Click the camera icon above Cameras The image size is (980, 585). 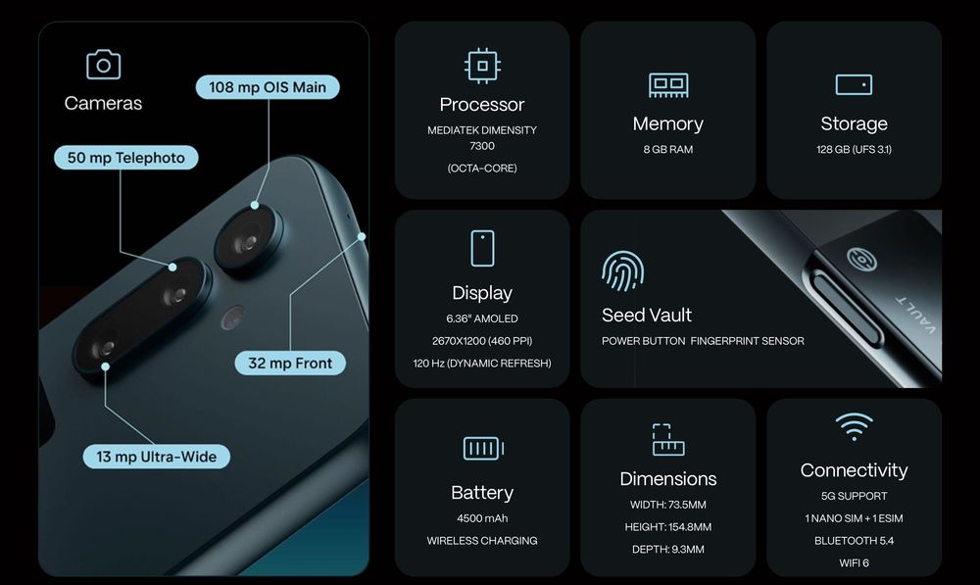tap(103, 65)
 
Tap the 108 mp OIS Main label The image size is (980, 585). tap(268, 87)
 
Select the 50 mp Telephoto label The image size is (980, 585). tap(125, 158)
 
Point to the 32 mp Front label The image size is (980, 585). tap(290, 364)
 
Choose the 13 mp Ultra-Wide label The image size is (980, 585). tap(157, 457)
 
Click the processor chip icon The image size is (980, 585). tap(481, 66)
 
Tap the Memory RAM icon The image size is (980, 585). tap(667, 84)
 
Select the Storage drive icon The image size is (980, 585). tap(854, 84)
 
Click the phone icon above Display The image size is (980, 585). tap(481, 248)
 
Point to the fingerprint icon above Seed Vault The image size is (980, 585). tap(623, 271)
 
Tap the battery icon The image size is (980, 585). tap(482, 449)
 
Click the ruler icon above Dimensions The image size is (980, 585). tap(667, 440)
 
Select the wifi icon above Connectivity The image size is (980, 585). tap(854, 426)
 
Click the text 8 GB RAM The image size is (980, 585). tap(667, 150)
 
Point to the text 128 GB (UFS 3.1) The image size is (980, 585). tap(854, 150)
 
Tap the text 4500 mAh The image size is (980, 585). tap(482, 518)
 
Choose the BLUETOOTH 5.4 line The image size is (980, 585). tap(854, 541)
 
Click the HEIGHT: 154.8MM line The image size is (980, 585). tap(667, 527)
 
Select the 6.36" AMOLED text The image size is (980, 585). tap(482, 318)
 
